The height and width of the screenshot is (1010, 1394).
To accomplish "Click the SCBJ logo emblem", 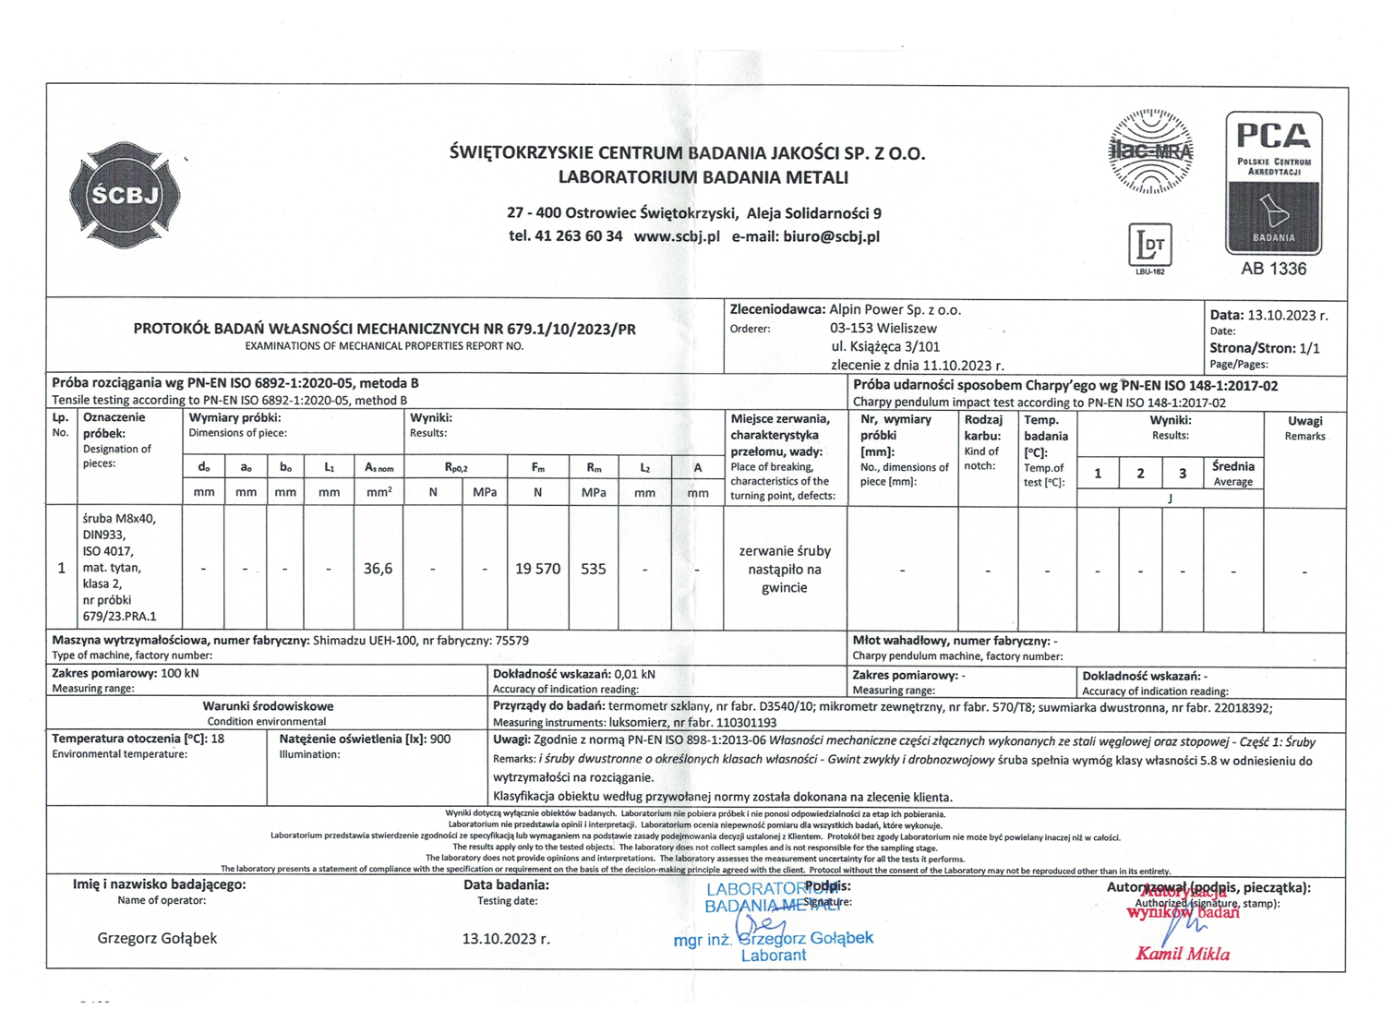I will pyautogui.click(x=125, y=195).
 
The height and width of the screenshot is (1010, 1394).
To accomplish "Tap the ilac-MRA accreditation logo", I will pyautogui.click(x=1150, y=151).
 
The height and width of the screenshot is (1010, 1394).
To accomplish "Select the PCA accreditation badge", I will pyautogui.click(x=1273, y=183).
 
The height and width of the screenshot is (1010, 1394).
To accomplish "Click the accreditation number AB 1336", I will pyautogui.click(x=1273, y=269).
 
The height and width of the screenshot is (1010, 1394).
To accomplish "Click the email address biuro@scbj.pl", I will pyautogui.click(x=831, y=236).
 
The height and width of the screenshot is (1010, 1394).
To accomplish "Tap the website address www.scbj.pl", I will pyautogui.click(x=677, y=236).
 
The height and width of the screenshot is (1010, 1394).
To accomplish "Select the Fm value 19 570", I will pyautogui.click(x=537, y=569).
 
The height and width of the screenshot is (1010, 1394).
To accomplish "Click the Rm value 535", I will pyautogui.click(x=594, y=569).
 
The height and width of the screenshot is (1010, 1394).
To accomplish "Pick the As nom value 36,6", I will pyautogui.click(x=378, y=569).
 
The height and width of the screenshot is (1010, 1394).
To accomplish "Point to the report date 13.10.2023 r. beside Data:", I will pyautogui.click(x=1287, y=315).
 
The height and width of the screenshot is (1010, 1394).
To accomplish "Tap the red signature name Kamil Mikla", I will pyautogui.click(x=1183, y=954).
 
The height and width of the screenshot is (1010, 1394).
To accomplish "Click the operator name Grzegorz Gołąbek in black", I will pyautogui.click(x=157, y=938).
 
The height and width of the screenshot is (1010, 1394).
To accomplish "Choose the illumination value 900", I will pyautogui.click(x=440, y=739).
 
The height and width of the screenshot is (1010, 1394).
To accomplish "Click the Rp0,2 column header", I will pyautogui.click(x=456, y=467).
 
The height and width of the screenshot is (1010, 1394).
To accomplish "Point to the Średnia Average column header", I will pyautogui.click(x=1233, y=473).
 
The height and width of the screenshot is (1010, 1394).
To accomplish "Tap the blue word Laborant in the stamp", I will pyautogui.click(x=774, y=956).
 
